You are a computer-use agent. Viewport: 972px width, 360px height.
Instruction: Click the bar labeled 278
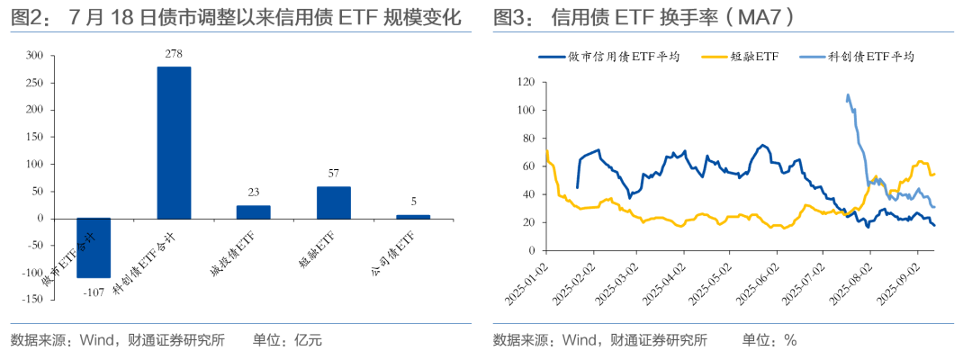174,142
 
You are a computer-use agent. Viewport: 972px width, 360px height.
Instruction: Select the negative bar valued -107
94,247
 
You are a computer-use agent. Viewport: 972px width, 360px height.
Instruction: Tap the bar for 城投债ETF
253,211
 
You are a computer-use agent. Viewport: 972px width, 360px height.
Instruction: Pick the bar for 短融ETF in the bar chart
333,202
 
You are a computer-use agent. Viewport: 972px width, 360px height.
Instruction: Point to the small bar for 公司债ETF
413,216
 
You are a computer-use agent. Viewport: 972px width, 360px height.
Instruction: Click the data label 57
333,174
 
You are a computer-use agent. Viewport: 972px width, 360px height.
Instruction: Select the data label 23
253,192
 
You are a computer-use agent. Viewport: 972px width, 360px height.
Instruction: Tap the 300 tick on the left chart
33,56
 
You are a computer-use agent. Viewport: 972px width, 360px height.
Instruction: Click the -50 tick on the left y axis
33,245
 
